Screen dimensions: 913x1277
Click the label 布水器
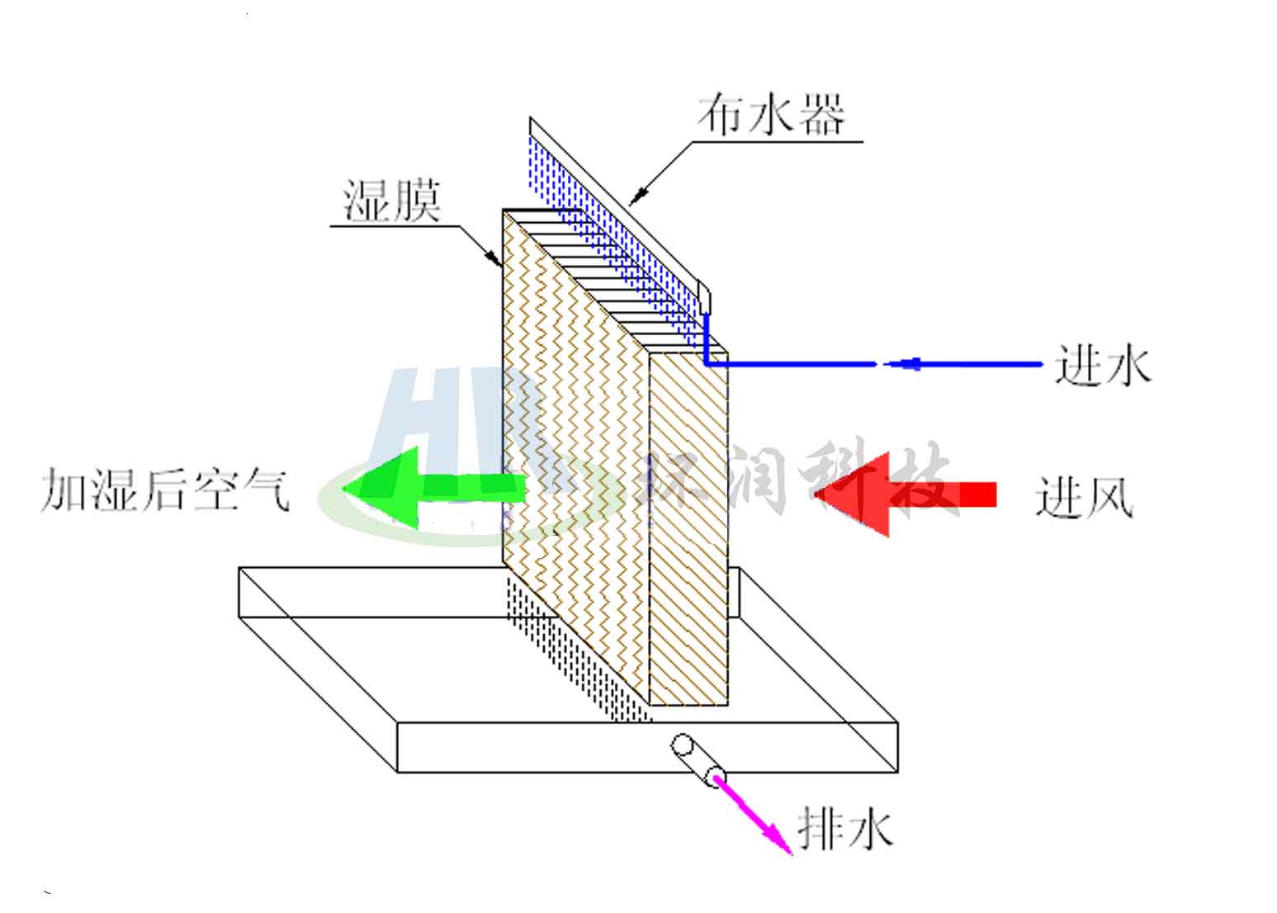[771, 116]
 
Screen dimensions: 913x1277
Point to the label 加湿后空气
[166, 491]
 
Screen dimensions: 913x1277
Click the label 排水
[845, 827]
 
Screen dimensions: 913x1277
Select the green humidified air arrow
[429, 487]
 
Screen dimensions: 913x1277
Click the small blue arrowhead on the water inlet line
[908, 363]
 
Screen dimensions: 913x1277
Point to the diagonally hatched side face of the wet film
[688, 528]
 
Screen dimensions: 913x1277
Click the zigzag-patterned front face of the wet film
[570, 462]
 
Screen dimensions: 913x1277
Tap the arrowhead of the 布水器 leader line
[636, 197]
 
